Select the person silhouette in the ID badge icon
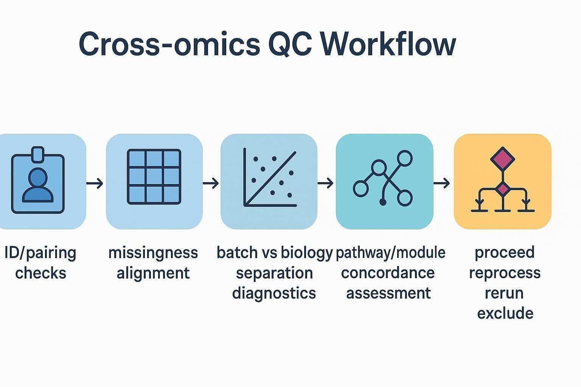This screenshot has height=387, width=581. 38,185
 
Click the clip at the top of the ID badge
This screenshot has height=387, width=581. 38,153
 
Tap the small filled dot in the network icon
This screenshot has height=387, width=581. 383,203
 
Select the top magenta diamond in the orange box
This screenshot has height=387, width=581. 502,159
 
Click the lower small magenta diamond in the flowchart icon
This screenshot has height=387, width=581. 502,189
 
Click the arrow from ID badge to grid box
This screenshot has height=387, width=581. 95,184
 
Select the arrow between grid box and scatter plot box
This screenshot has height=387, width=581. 211,184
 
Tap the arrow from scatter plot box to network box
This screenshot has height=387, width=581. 326,184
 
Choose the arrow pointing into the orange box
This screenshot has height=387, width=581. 442,184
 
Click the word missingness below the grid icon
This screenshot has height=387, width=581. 153,252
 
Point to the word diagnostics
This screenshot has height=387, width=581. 274,293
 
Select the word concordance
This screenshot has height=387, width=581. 388,272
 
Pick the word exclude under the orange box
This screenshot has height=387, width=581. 505,313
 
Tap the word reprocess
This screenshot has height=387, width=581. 505,273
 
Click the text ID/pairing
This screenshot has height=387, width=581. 40,253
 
